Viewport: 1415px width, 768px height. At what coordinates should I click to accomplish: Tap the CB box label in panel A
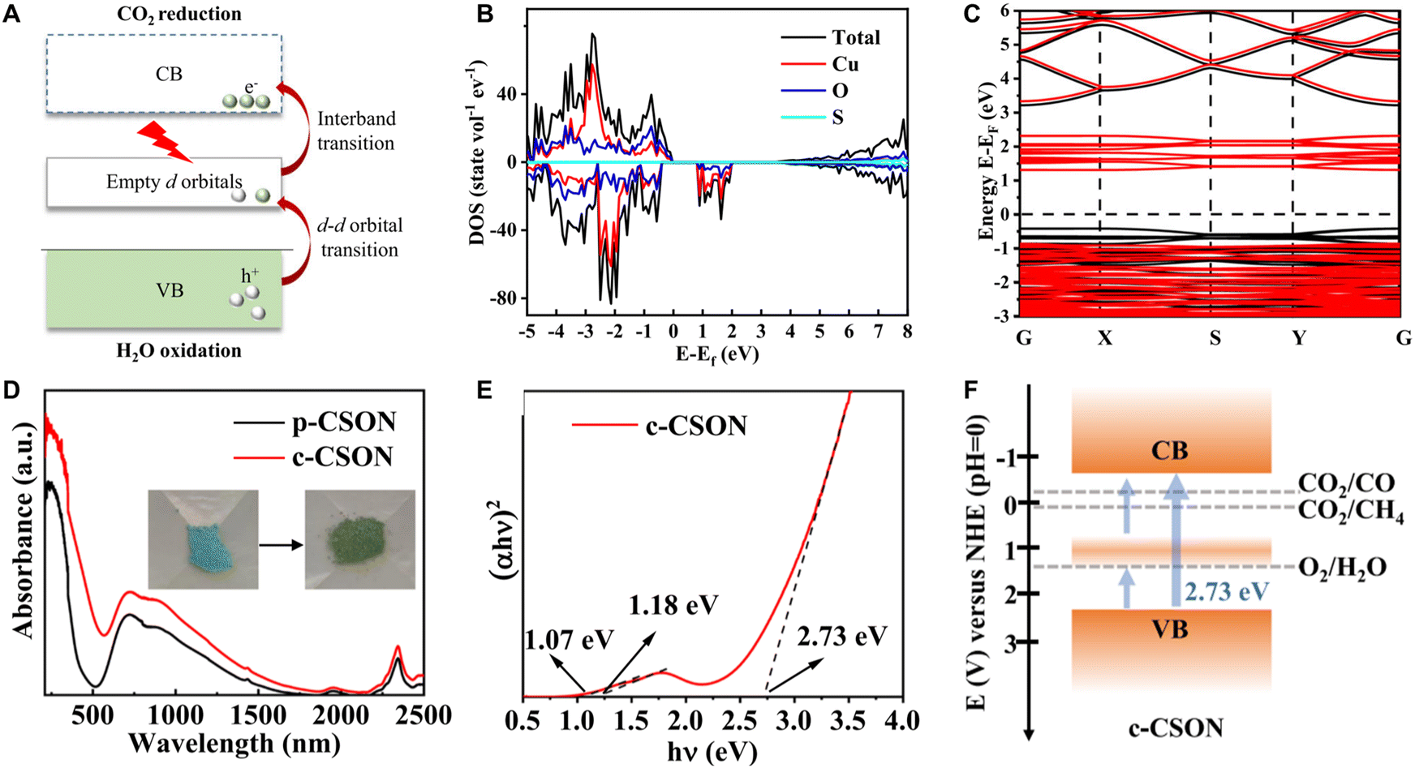pyautogui.click(x=169, y=75)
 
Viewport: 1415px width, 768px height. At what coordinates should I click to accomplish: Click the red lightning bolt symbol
pyautogui.click(x=166, y=139)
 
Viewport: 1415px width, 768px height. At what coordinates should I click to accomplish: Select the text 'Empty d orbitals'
pyautogui.click(x=174, y=182)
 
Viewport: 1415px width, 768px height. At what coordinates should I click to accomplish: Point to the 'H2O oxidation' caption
pyautogui.click(x=178, y=352)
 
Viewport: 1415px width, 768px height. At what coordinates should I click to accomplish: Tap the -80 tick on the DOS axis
pyautogui.click(x=504, y=298)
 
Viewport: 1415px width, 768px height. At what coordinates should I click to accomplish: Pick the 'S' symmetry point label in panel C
pyautogui.click(x=1214, y=339)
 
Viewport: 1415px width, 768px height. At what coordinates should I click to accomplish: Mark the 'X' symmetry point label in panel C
pyautogui.click(x=1104, y=339)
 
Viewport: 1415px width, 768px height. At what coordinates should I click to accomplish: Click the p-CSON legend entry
pyautogui.click(x=314, y=423)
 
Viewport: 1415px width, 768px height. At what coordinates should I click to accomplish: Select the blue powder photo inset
pyautogui.click(x=203, y=539)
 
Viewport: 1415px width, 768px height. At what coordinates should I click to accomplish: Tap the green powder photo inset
pyautogui.click(x=359, y=539)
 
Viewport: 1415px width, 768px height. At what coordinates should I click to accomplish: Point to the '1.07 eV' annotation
pyautogui.click(x=569, y=640)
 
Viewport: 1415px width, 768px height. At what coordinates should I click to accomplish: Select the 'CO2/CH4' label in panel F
pyautogui.click(x=1351, y=513)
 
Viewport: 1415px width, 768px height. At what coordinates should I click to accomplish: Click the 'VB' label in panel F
pyautogui.click(x=1169, y=629)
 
